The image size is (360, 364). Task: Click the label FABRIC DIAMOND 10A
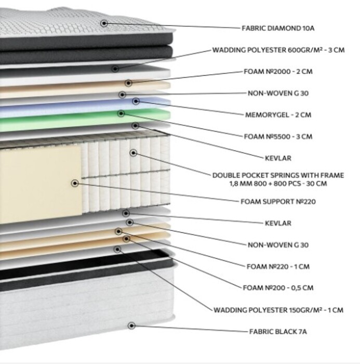pyautogui.click(x=278, y=28)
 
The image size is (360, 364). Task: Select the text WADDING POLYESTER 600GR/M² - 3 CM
pyautogui.click(x=278, y=50)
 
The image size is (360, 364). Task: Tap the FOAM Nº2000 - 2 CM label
pyautogui.click(x=278, y=72)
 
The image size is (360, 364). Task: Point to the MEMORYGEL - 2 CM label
pyautogui.click(x=278, y=115)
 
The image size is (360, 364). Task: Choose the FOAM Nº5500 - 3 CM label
pyautogui.click(x=278, y=136)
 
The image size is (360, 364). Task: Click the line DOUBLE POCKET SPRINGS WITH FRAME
pyautogui.click(x=278, y=175)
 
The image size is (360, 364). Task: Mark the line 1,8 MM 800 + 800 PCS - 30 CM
pyautogui.click(x=278, y=184)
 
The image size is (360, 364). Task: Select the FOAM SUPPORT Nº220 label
pyautogui.click(x=278, y=202)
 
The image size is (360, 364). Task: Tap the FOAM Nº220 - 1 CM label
pyautogui.click(x=278, y=266)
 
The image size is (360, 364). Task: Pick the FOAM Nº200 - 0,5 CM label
pyautogui.click(x=278, y=288)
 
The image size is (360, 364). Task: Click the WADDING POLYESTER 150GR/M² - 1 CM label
pyautogui.click(x=278, y=310)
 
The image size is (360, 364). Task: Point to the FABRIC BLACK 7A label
pyautogui.click(x=278, y=332)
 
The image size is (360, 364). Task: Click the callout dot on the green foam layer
pyautogui.click(x=121, y=113)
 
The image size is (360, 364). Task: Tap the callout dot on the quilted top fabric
pyautogui.click(x=104, y=23)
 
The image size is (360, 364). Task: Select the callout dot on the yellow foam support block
pyautogui.click(x=74, y=184)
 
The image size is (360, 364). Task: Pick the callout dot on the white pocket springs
pyautogui.click(x=133, y=153)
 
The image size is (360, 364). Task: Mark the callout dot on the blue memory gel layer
pyautogui.click(x=136, y=101)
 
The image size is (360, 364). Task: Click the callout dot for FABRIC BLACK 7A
pyautogui.click(x=131, y=326)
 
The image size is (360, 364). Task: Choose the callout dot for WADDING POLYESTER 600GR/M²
pyautogui.click(x=115, y=69)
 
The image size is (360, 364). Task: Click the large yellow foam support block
pyautogui.click(x=41, y=184)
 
